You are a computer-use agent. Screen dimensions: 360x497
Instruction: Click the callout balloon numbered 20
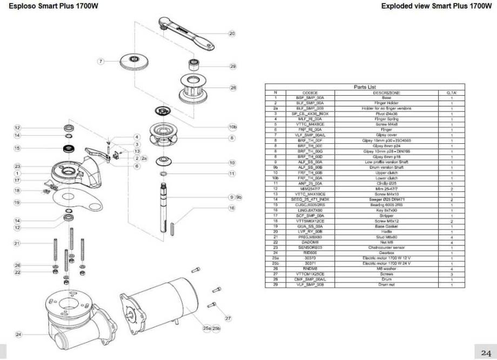(232, 34)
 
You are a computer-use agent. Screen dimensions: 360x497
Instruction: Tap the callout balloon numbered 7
(100, 61)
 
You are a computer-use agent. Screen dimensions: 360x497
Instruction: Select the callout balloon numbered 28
(233, 87)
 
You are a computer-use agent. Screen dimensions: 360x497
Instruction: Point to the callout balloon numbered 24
(18, 335)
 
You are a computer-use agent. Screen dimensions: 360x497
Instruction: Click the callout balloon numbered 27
(227, 318)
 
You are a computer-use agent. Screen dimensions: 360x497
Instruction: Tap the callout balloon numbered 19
(17, 203)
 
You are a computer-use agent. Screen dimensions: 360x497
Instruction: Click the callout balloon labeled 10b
(233, 127)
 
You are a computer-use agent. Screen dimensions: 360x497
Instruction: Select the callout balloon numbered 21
(17, 244)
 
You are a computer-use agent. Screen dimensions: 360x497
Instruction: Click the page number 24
(486, 352)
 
